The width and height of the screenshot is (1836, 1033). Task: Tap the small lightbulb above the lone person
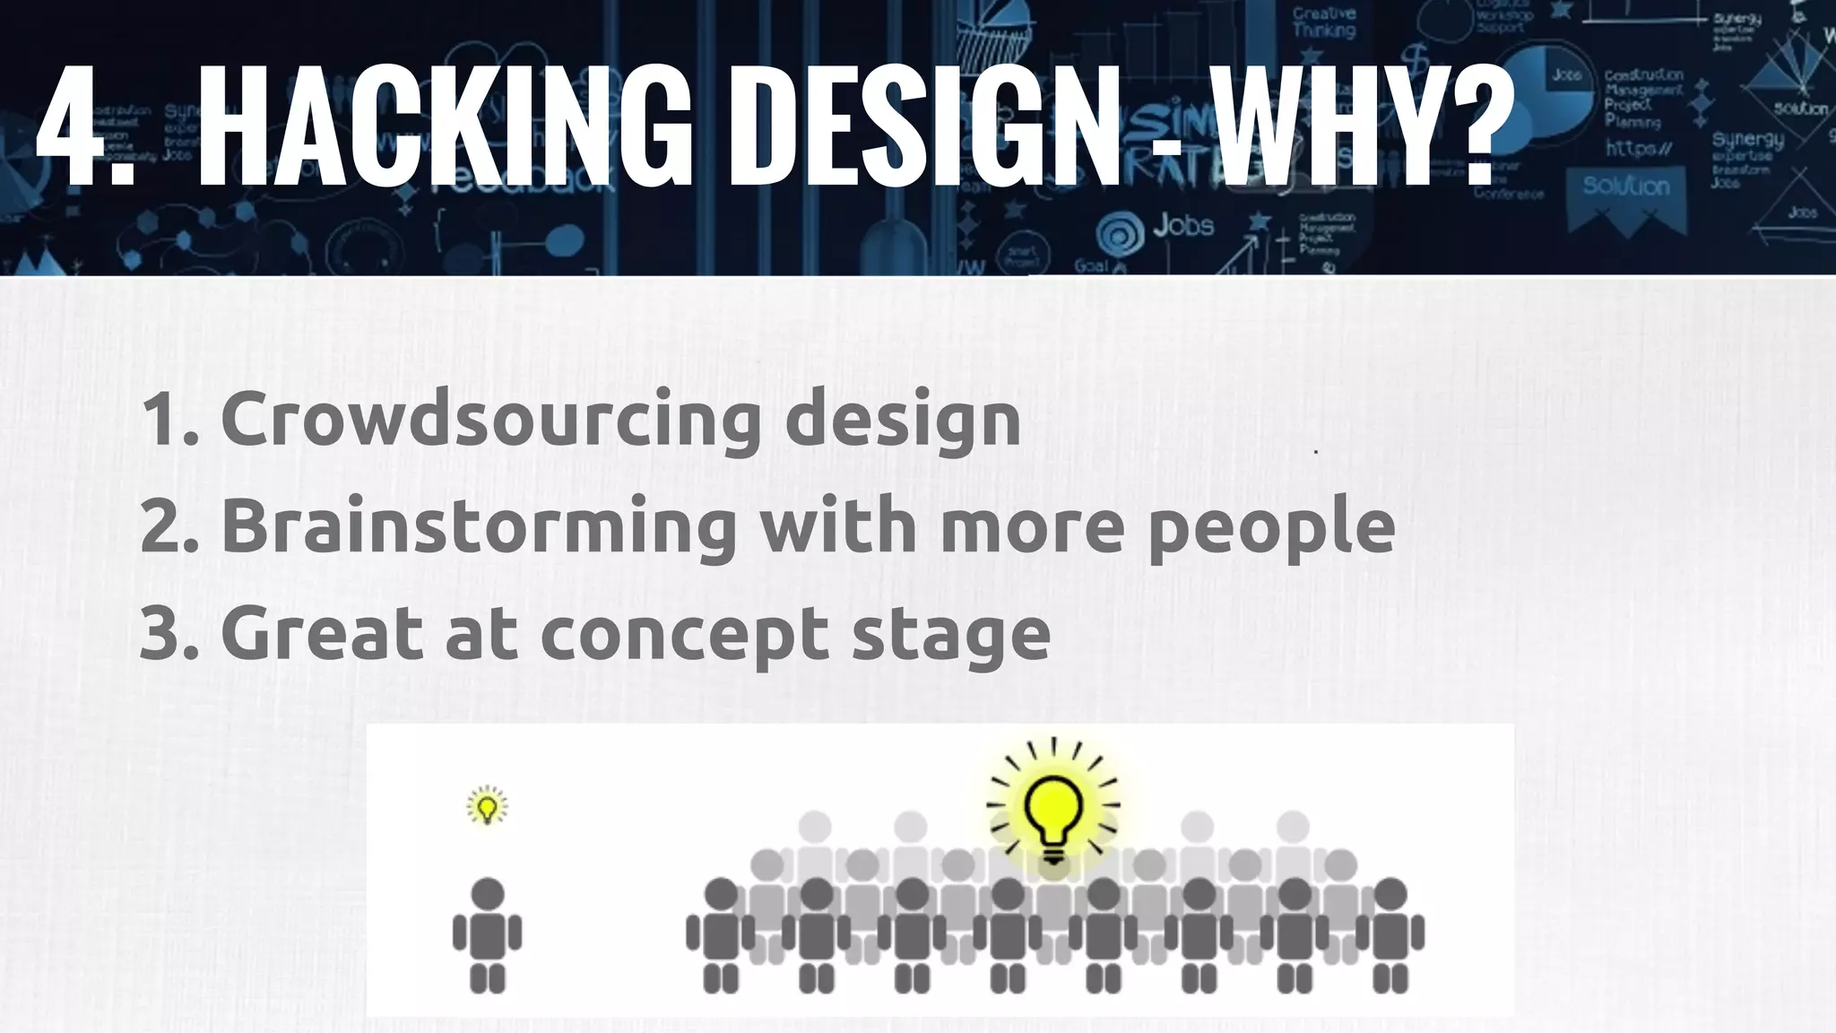(x=487, y=805)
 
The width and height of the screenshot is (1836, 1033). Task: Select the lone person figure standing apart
(x=487, y=933)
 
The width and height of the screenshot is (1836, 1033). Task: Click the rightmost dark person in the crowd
(x=1390, y=933)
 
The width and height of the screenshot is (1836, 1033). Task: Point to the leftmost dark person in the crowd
(x=720, y=933)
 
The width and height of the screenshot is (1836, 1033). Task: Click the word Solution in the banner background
(x=1625, y=187)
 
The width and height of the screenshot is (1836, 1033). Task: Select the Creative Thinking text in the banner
(x=1324, y=22)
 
